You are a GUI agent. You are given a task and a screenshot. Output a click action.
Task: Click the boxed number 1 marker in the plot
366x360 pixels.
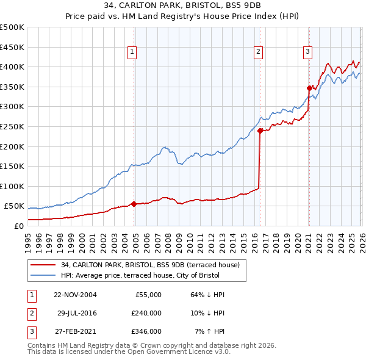tap(132, 52)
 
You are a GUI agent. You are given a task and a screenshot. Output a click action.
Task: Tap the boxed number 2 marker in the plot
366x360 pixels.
tap(259, 52)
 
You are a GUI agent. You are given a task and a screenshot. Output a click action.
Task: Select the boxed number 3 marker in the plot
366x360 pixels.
tap(308, 52)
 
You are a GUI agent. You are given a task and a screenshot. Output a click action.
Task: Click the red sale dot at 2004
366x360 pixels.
tap(134, 204)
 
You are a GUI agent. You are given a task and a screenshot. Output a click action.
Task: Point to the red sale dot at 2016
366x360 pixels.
tap(260, 130)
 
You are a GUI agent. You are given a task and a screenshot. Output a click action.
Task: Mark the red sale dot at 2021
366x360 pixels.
tap(309, 88)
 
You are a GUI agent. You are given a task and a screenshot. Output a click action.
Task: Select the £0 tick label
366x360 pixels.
tap(20, 226)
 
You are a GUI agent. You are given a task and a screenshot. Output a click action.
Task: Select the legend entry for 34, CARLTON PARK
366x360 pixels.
tap(154, 265)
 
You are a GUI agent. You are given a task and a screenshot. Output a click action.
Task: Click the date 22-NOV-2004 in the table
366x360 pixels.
tap(75, 295)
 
